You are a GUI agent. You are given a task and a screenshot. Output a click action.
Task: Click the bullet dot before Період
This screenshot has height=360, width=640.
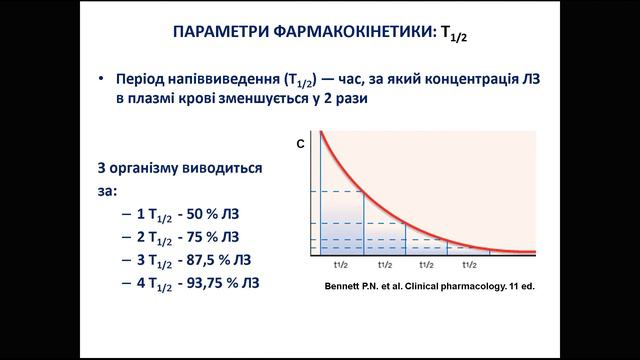pos(103,80)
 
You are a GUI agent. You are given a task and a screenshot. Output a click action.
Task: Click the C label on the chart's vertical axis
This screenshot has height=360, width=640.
pos(301,146)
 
